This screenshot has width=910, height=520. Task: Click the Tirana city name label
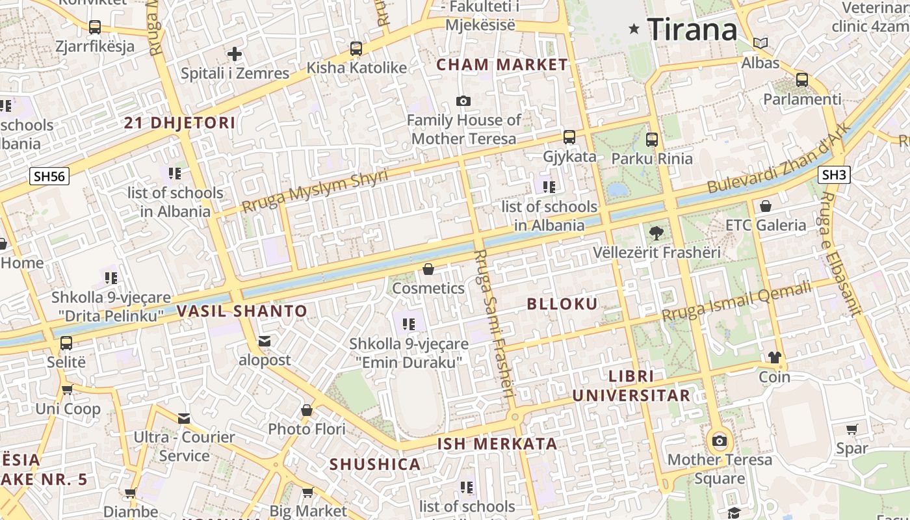[x=692, y=29]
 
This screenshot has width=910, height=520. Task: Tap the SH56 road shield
[x=49, y=176]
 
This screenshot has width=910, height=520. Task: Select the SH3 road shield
[x=834, y=174]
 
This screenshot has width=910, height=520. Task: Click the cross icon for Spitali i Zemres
[x=235, y=54]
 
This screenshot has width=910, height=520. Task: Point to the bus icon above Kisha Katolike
[x=356, y=49]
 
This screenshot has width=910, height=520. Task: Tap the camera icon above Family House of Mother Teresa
[x=463, y=101]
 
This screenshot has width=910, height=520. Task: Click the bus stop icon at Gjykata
[x=569, y=136]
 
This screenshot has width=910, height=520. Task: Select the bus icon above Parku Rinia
[x=652, y=139]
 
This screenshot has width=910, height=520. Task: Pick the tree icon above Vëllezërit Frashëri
[x=656, y=233]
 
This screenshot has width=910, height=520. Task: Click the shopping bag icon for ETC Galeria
[x=766, y=206]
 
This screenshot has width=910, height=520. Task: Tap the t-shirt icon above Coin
[x=774, y=357]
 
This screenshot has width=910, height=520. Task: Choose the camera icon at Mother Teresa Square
[x=719, y=441]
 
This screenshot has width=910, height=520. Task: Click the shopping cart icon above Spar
[x=851, y=429]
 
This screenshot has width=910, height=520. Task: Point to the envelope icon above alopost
[x=264, y=341]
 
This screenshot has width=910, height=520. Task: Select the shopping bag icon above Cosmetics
[x=428, y=269]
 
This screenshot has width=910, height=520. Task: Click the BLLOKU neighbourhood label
[x=562, y=304]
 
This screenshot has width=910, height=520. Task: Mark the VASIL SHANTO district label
[x=242, y=311]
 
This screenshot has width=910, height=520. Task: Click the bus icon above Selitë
[x=66, y=343]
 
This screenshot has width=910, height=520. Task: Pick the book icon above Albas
[x=760, y=44]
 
